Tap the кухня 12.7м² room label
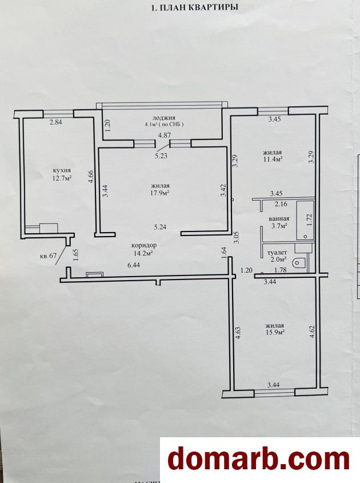coord(62,174)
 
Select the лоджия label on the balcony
coord(164,118)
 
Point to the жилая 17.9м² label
coord(161,189)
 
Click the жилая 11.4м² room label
coord(273,156)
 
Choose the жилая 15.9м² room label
coord(274,329)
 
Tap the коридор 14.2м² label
coord(144,249)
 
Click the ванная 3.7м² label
coord(279,222)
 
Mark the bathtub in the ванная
coord(305,219)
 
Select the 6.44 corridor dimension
coord(133,265)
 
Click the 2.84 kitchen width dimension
coord(57,122)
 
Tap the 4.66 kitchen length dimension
coord(91,177)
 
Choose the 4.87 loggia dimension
coord(165,135)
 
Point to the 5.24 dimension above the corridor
coord(160,227)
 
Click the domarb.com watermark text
coord(259,460)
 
